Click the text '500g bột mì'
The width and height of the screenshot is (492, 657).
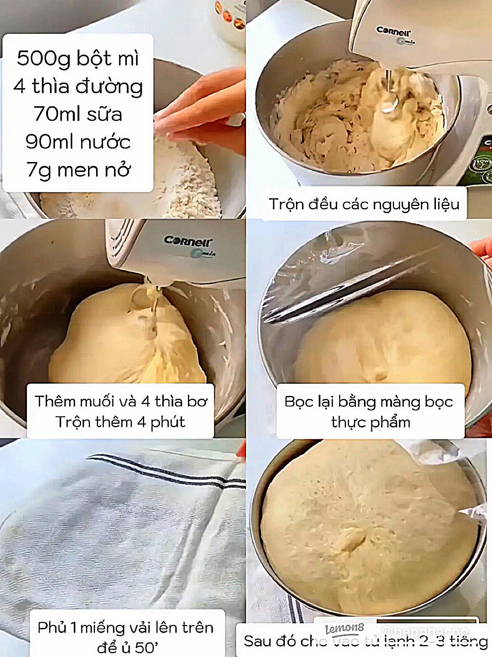[78, 59]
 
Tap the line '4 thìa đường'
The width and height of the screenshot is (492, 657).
[78, 86]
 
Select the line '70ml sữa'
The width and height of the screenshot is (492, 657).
[78, 114]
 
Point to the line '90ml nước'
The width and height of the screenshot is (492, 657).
[78, 142]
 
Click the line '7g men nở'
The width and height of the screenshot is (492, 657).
[78, 170]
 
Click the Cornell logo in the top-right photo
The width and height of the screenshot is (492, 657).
[393, 31]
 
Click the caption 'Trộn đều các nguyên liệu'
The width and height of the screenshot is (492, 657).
[364, 204]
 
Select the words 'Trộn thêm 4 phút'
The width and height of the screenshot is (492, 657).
[120, 422]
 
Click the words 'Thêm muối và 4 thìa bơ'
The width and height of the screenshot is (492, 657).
[121, 401]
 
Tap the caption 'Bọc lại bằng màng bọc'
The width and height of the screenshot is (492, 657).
[369, 402]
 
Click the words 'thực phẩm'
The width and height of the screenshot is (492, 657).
[371, 423]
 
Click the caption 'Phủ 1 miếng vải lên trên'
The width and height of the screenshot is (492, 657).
[125, 628]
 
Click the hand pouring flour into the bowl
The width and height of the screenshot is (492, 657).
[200, 112]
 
